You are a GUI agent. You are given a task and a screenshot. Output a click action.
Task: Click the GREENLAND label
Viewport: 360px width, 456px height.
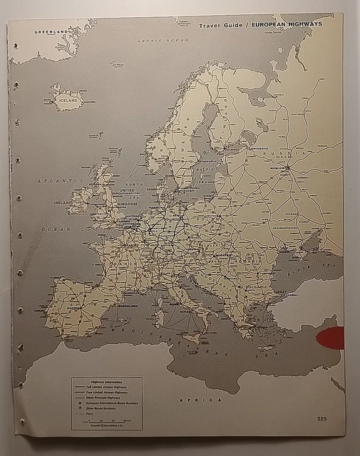tap(50, 32)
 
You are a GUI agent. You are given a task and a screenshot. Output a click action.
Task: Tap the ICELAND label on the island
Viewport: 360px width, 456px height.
tap(68, 100)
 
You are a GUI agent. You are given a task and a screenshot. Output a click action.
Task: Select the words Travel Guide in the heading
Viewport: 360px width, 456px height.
tap(222, 24)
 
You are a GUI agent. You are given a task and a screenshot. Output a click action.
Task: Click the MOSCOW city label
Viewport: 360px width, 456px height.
tap(279, 168)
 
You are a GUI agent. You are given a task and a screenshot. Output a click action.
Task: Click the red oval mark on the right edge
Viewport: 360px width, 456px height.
tap(331, 338)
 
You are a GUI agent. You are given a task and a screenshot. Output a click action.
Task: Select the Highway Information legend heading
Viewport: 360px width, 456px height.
tap(106, 382)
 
